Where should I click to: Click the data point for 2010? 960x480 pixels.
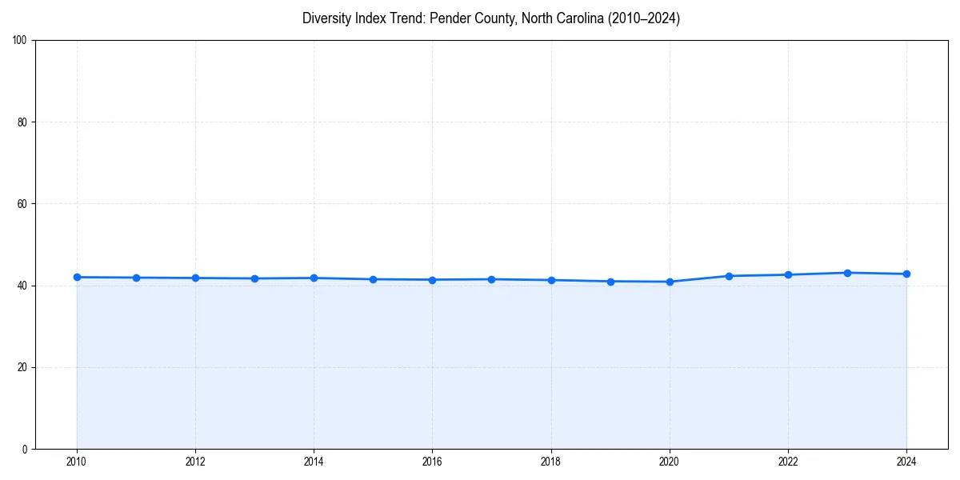coord(77,277)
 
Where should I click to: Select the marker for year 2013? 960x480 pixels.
coord(254,278)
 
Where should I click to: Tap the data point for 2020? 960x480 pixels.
coord(670,282)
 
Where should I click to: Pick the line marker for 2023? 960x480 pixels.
coord(847,273)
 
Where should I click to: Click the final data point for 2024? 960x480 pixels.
coord(906,274)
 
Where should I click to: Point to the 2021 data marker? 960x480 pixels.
coord(729,276)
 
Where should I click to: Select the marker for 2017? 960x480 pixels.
coord(491,279)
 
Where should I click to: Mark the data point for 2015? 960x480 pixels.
coord(373,279)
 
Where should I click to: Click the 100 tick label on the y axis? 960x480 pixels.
coord(21,41)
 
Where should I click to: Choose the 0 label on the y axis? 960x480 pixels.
coord(26,449)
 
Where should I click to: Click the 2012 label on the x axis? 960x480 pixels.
coord(195,462)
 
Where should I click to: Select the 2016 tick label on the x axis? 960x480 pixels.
coord(432,462)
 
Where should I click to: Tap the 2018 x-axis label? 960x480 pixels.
coord(550,462)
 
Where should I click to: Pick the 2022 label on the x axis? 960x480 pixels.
coord(788,462)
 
